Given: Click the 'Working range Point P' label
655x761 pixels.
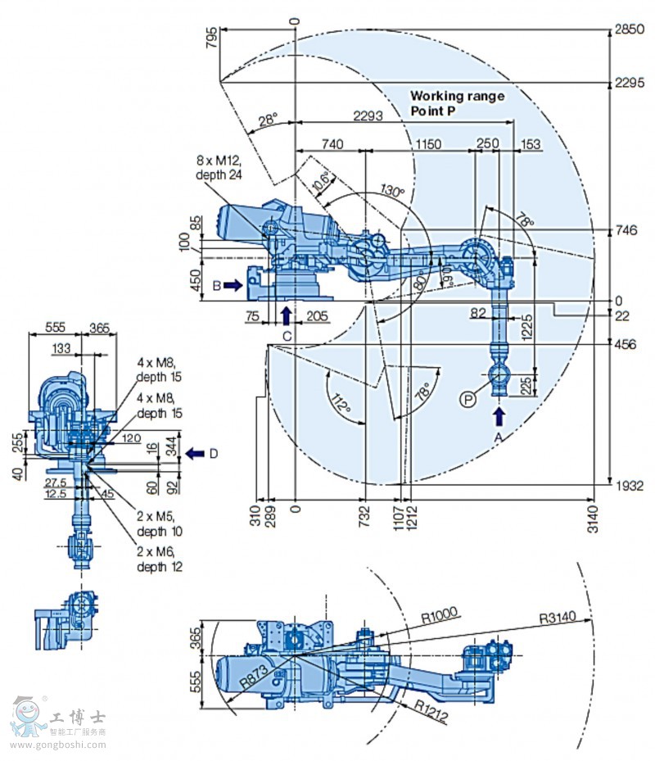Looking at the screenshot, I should point(457,103).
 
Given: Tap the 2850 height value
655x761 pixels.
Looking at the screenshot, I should point(631,29).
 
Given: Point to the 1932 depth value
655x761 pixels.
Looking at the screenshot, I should point(631,487).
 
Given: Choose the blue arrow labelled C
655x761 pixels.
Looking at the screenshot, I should point(286,315).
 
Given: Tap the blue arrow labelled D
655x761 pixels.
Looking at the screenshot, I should point(195,453).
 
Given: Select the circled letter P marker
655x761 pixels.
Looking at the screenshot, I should point(468,399).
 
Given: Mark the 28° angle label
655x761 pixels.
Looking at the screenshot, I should point(268,120).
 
